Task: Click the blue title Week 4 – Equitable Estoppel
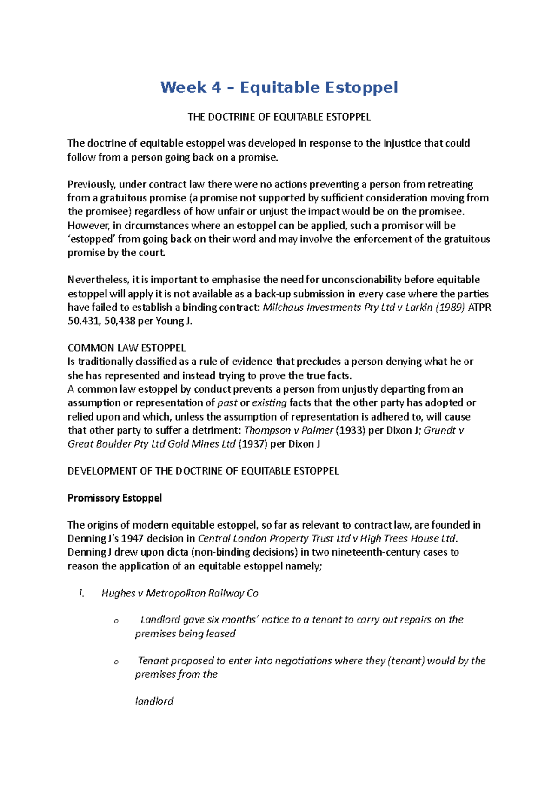click(x=279, y=87)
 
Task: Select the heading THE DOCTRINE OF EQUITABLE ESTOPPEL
click(x=279, y=117)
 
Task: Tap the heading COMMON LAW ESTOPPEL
click(x=126, y=348)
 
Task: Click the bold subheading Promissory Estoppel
click(x=115, y=498)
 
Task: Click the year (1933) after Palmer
click(x=350, y=430)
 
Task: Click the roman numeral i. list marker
click(x=82, y=593)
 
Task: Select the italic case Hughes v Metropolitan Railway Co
click(x=179, y=593)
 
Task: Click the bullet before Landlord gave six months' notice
click(x=116, y=621)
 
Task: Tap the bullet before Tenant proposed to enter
click(x=116, y=662)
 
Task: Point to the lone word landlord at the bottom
click(x=154, y=701)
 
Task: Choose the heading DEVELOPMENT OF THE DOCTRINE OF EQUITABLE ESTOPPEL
click(x=203, y=471)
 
